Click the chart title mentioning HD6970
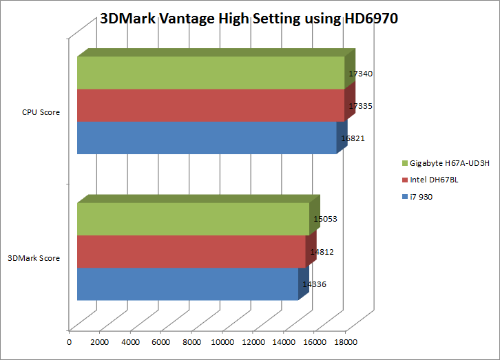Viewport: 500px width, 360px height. [249, 19]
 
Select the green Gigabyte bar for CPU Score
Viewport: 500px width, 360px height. [210, 72]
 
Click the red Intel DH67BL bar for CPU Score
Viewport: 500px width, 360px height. [210, 105]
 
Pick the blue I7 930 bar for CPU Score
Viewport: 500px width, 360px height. [207, 138]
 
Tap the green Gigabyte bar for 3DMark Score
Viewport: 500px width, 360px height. [193, 219]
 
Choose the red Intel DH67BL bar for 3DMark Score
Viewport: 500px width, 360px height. [191, 251]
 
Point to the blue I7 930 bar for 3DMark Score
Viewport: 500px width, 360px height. [187, 284]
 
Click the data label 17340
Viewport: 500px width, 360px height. [361, 74]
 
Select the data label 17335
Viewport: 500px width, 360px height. [361, 106]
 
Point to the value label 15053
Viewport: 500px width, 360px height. [325, 220]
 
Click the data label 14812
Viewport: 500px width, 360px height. [322, 252]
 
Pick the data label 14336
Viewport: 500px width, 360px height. [314, 284]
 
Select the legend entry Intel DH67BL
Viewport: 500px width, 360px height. [434, 180]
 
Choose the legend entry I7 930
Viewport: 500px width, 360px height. [421, 197]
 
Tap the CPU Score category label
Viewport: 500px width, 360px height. [40, 113]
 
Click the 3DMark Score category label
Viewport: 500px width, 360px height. [34, 259]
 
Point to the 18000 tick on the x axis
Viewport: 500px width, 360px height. [345, 341]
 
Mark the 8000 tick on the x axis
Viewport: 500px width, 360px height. [191, 341]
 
